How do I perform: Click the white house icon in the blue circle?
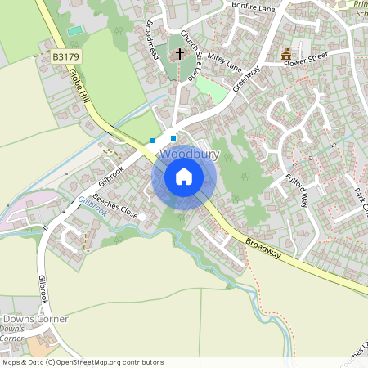[x=184, y=177]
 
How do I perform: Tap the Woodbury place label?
[x=190, y=155]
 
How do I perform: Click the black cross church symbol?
[x=180, y=55]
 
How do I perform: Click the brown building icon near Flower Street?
[x=286, y=55]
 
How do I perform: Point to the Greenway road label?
[x=245, y=83]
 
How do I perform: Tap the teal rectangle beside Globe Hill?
[x=75, y=30]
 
